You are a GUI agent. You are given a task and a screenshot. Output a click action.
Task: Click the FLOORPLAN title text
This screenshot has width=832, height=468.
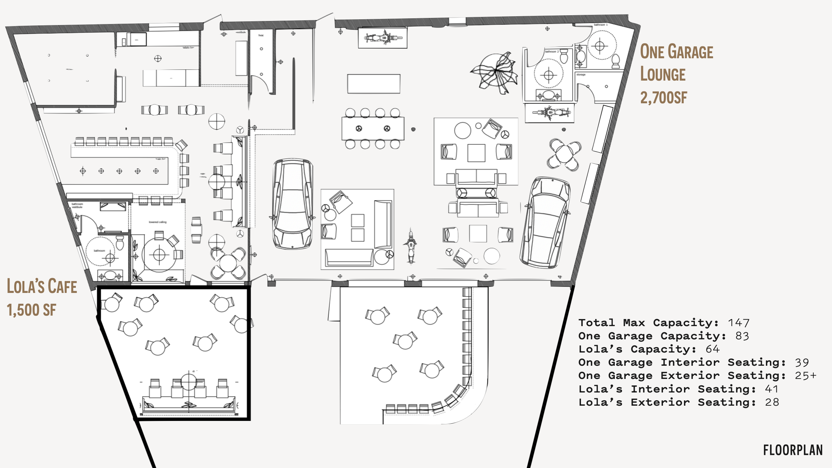(793, 450)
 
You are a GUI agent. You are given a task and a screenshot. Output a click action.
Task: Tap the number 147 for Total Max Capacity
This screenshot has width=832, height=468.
(739, 323)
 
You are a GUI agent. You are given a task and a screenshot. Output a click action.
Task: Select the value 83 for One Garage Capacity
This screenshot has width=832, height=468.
(742, 336)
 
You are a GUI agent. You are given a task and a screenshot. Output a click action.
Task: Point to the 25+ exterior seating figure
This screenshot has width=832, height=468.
(806, 376)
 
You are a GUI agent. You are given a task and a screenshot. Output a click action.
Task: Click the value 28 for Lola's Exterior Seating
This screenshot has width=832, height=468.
(772, 402)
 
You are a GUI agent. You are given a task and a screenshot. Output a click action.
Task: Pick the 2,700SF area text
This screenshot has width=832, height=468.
(663, 98)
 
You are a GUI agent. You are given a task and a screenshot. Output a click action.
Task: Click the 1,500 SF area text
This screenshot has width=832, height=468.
(31, 310)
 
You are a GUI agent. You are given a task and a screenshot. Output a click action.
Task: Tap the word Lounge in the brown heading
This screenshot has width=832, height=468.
(663, 75)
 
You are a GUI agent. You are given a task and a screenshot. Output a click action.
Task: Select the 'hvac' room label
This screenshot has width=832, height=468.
(261, 35)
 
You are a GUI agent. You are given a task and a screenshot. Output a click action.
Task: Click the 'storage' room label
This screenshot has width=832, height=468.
(581, 75)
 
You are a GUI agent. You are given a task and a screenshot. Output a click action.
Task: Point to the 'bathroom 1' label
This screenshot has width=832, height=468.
(601, 25)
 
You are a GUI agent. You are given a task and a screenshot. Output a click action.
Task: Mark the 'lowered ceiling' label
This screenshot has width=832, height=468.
(158, 222)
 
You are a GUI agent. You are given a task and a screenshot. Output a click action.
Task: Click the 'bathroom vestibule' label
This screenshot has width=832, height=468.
(77, 205)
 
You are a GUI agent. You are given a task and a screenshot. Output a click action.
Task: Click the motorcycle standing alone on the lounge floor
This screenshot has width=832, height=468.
(411, 247)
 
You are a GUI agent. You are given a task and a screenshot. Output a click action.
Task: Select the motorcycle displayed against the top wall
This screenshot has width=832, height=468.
(383, 38)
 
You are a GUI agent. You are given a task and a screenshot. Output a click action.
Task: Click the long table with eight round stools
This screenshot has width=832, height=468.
(373, 128)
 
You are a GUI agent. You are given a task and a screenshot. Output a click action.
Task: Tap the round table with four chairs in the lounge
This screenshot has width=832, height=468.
(564, 154)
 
